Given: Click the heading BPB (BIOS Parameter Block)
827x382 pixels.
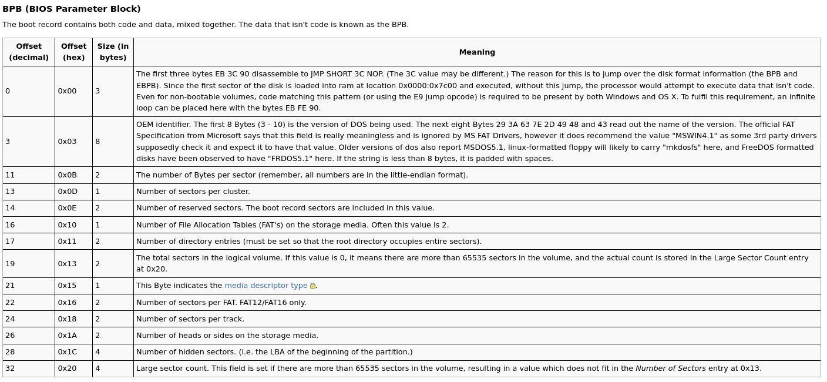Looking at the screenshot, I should (72, 9).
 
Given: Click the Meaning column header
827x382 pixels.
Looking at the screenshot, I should (477, 52).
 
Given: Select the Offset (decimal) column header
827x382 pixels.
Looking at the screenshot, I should (29, 52).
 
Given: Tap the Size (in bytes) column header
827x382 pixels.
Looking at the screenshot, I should (113, 52).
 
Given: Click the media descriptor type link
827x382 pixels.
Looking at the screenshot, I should (265, 286).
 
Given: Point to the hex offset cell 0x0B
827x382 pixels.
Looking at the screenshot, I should (67, 175).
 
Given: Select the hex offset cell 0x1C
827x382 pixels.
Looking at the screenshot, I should (67, 352).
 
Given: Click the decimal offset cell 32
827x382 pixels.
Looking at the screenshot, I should (10, 368).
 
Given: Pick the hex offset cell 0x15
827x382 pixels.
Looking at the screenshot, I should (67, 286).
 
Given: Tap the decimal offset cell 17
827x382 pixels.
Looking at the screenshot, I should (10, 242).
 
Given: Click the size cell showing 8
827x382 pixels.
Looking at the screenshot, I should (98, 142).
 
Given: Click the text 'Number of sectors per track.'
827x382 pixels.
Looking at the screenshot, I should (190, 319).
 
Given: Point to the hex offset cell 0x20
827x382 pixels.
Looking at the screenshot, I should (67, 368).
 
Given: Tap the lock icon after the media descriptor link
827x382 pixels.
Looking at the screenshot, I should (312, 286).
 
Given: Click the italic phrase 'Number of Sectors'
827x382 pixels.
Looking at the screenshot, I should (670, 368).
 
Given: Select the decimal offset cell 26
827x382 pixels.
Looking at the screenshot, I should (10, 336).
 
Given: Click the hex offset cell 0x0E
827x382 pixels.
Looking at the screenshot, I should (67, 208).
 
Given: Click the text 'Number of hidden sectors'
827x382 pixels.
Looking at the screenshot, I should (184, 352).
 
